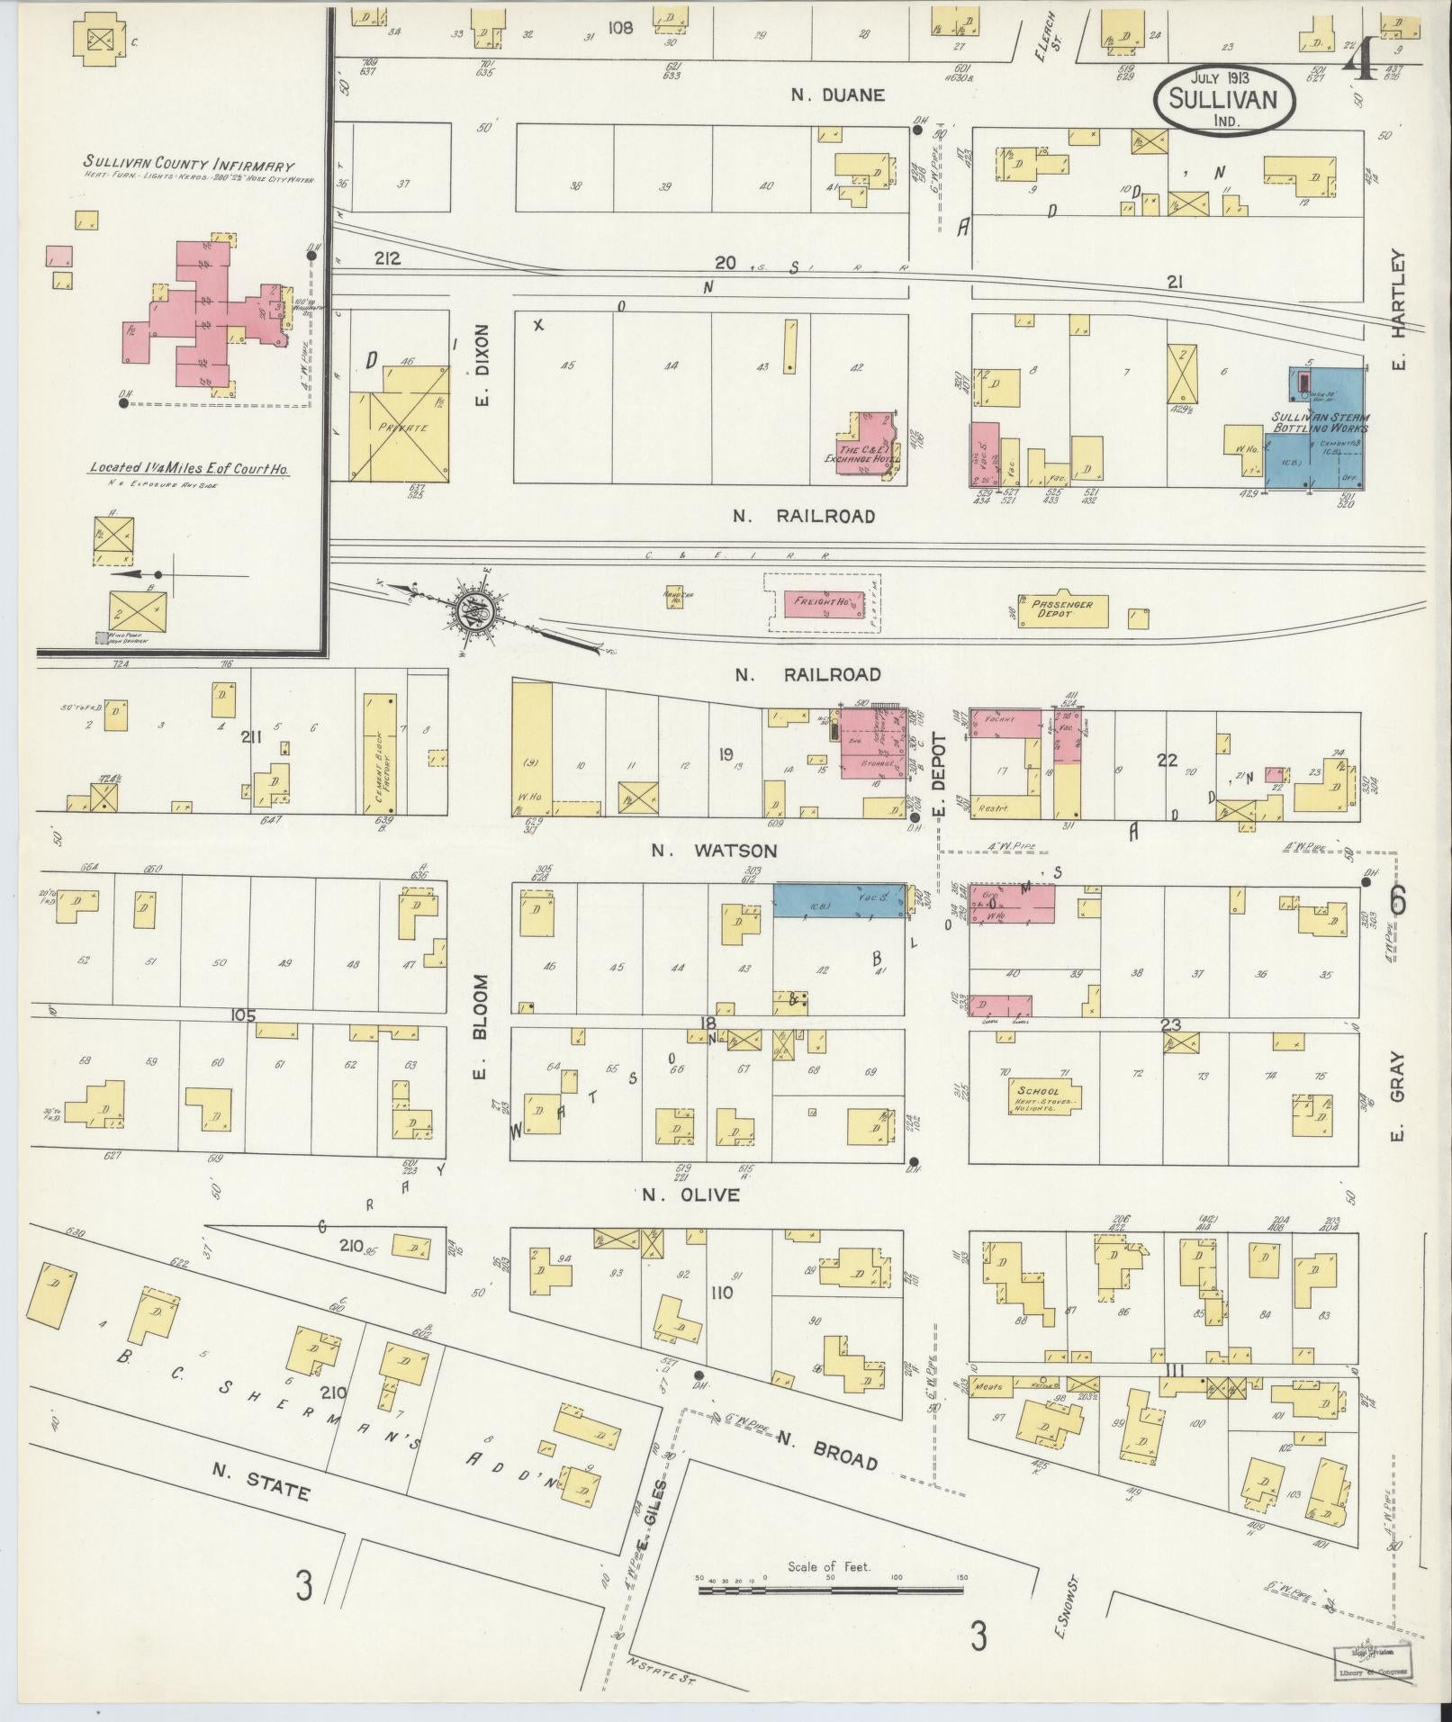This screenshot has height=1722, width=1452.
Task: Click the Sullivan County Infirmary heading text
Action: click(x=189, y=165)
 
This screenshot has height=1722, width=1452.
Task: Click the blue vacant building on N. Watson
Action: click(x=840, y=900)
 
